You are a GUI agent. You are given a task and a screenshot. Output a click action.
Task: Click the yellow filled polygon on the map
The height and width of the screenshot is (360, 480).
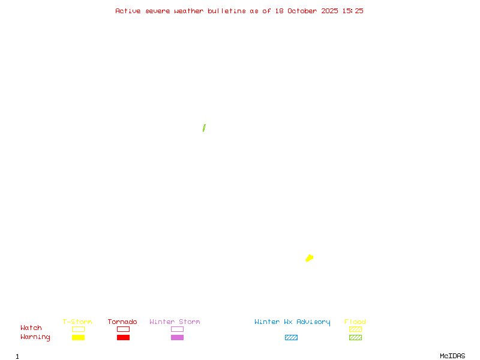point(309,258)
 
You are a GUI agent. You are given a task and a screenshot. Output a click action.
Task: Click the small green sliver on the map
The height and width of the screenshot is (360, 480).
point(204,128)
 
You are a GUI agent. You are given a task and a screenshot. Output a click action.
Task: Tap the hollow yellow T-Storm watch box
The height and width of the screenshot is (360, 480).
point(78,329)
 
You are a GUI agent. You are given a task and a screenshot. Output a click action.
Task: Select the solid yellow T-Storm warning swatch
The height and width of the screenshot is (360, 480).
point(78,337)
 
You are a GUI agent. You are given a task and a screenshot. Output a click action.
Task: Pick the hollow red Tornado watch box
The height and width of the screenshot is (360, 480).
point(123,329)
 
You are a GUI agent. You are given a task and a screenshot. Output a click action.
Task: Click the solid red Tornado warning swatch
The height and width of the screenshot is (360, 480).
point(123,337)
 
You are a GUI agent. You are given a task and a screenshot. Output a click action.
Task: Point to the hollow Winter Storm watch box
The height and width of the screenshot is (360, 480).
point(177,329)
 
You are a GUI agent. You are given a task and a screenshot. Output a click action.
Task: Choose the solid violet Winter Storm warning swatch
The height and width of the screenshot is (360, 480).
point(177,337)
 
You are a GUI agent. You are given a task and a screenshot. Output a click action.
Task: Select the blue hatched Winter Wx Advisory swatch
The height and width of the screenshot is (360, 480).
point(291,337)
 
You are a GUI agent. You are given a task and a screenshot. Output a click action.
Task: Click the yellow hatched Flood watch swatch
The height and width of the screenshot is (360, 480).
point(355,329)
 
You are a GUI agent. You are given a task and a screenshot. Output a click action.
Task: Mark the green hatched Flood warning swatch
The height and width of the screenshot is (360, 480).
point(355,337)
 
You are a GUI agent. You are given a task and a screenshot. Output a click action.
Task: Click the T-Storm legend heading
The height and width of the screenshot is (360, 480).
point(77,322)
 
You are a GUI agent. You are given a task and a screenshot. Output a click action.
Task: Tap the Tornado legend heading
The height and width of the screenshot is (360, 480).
point(122,322)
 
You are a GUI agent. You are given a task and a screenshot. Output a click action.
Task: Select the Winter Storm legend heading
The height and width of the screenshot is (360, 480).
point(175,322)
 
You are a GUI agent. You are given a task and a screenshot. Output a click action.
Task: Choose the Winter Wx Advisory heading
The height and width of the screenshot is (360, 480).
point(292,322)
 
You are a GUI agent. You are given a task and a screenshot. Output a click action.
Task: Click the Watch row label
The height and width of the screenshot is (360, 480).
point(31,328)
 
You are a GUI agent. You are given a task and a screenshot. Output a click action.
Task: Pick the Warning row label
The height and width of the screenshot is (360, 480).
point(35,337)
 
